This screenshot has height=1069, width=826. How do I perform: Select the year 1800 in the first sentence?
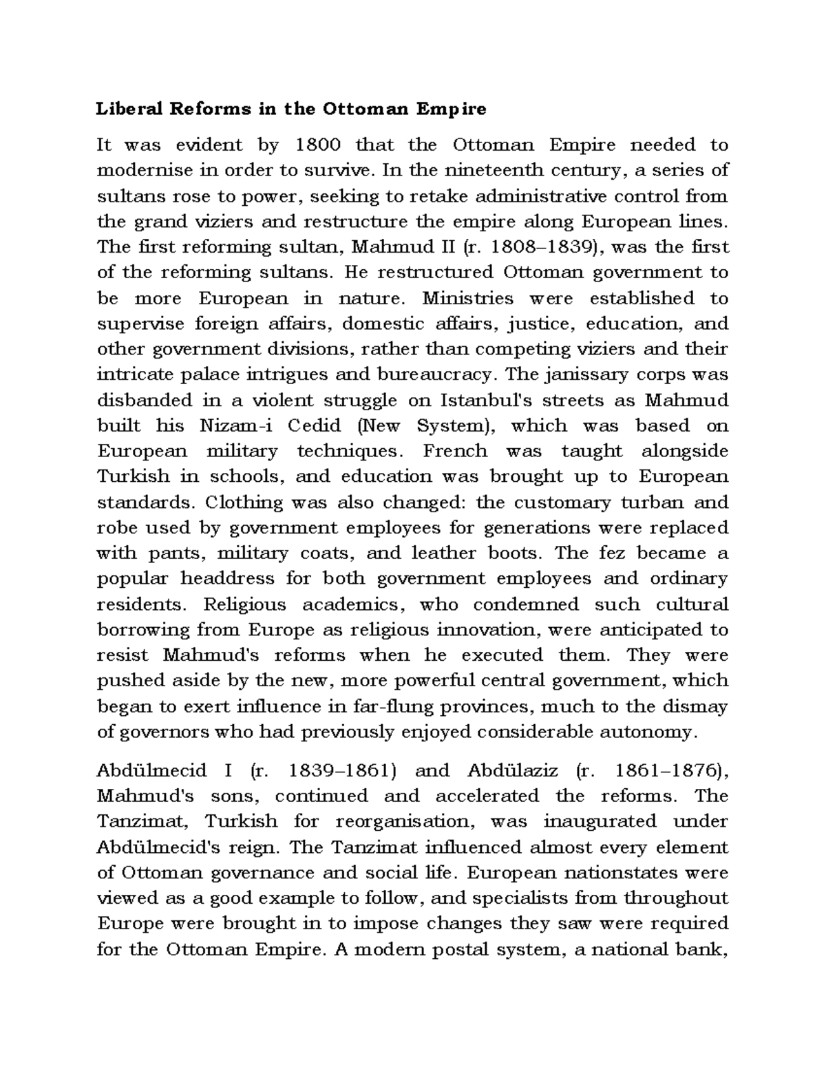(317, 145)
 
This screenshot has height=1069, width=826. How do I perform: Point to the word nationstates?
(615, 873)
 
